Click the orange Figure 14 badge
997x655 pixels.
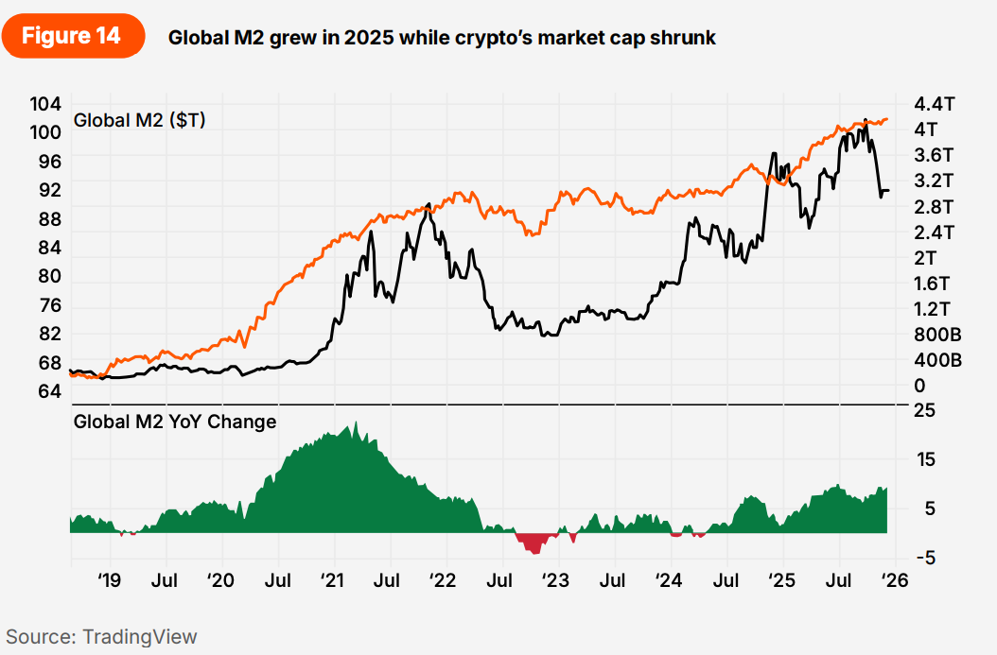[72, 36]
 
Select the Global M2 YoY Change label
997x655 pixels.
[175, 422]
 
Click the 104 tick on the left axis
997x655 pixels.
[46, 104]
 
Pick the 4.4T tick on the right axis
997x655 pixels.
[935, 104]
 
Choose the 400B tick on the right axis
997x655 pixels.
[938, 360]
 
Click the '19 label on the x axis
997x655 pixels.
[110, 578]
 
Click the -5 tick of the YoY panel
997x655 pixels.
[926, 558]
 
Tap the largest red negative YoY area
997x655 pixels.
[534, 543]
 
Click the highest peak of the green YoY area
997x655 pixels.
[354, 425]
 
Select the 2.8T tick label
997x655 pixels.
[935, 206]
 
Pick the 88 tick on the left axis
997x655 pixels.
[49, 219]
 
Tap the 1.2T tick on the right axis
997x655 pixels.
[935, 309]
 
